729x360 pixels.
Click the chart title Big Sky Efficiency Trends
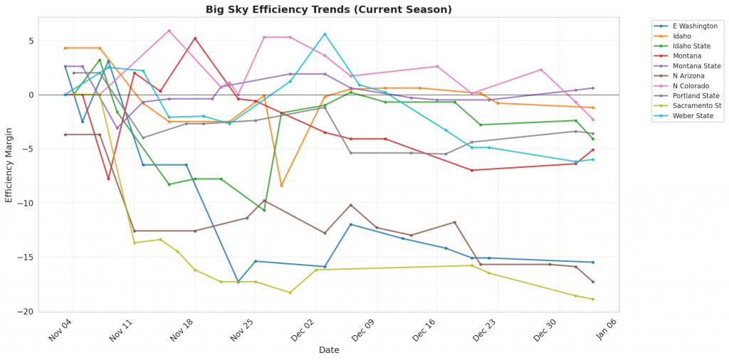(x=328, y=9)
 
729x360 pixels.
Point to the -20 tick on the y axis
(x=28, y=312)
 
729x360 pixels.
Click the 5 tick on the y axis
(x=31, y=41)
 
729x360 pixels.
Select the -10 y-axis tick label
(x=28, y=203)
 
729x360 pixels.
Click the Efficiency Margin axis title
(x=9, y=165)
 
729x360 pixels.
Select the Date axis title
(x=328, y=350)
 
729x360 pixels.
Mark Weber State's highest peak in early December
(x=325, y=34)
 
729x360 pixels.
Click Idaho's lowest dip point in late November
(x=281, y=186)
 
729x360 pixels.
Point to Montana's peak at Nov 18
(x=195, y=38)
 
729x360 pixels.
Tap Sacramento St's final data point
(x=593, y=299)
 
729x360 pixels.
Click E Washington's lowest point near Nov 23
(x=238, y=282)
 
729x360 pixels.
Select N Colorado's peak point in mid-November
(x=169, y=31)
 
